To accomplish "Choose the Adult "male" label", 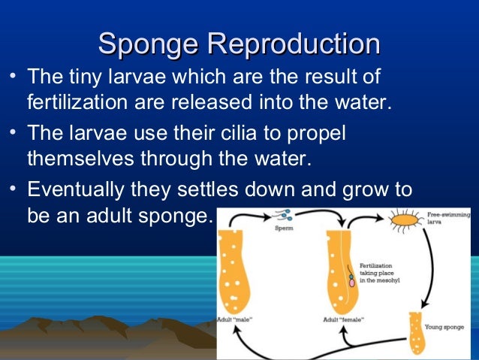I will coord(236,319).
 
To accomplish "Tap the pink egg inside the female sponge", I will coord(351,283).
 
